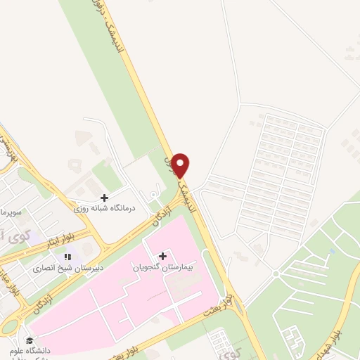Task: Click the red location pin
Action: coord(181,165)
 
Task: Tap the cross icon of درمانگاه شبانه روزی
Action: coord(105,198)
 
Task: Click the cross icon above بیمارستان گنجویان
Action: coord(162,257)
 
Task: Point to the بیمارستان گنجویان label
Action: coord(162,268)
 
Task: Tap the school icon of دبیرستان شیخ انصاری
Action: coord(68,257)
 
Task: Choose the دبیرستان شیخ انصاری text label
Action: coord(65,269)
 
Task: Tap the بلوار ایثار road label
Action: coord(51,241)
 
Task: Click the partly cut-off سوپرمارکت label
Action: coord(10,211)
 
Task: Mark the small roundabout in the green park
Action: coord(276,273)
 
